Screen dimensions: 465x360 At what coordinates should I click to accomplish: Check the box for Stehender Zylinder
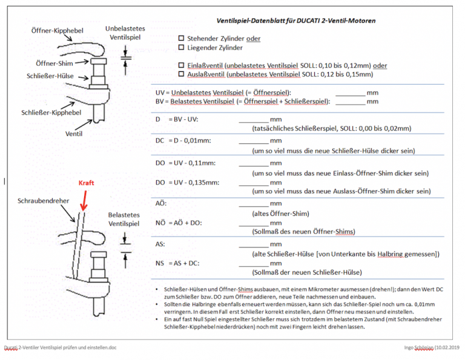coord(181,38)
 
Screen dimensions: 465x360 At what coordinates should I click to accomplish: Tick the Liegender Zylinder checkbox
coord(181,47)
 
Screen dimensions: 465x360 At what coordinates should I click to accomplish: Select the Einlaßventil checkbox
coord(181,65)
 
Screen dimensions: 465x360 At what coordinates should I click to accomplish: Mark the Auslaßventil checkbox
coord(181,74)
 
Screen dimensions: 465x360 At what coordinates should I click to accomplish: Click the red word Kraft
coord(86,183)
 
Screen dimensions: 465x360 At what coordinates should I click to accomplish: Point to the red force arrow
coord(84,201)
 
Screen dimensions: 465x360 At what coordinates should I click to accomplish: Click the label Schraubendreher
coord(44,201)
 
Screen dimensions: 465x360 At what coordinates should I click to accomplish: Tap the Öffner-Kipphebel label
coord(58,30)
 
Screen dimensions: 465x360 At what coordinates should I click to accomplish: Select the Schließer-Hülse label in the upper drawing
coord(50,76)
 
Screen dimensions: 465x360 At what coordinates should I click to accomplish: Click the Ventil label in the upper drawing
coord(74,134)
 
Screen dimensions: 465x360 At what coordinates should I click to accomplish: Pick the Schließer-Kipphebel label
coord(51,113)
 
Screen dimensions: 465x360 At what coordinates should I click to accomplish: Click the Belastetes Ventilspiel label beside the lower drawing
coord(124,219)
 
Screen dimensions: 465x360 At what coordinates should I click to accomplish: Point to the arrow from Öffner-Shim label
coord(82,62)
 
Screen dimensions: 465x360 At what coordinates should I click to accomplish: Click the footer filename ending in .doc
coord(60,347)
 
